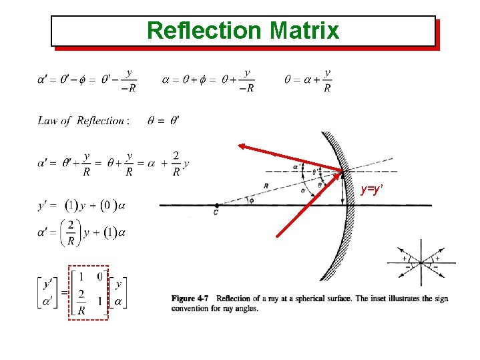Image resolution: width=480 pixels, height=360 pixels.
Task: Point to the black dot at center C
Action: pos(216,206)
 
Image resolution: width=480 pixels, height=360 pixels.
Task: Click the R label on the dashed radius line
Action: pos(266,185)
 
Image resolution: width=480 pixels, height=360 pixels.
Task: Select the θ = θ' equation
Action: pos(163,121)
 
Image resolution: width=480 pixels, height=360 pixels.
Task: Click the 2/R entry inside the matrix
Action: pos(81,302)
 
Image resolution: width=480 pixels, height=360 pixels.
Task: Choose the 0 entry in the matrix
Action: pos(99,276)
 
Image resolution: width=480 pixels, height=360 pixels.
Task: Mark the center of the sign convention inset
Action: pos(421,262)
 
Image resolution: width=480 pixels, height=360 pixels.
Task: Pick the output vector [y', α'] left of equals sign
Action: pos(48,293)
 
